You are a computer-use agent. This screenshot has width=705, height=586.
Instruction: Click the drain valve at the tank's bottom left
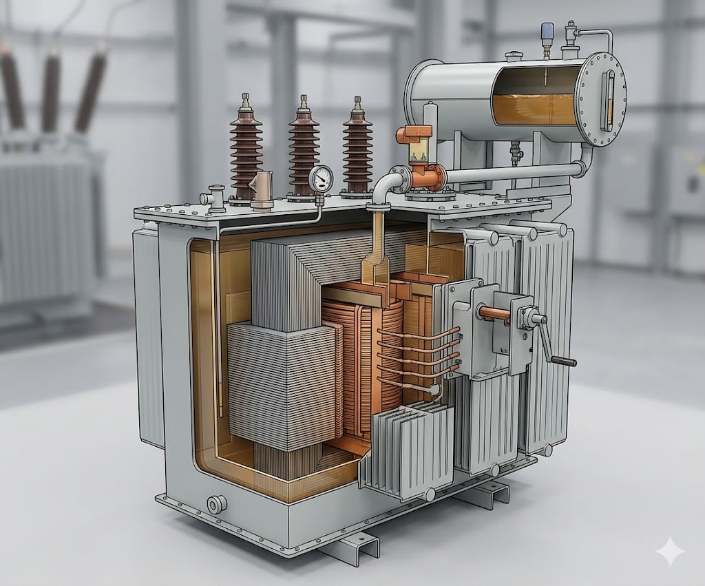click(217, 505)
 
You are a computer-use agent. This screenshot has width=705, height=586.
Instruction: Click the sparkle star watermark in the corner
click(669, 552)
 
